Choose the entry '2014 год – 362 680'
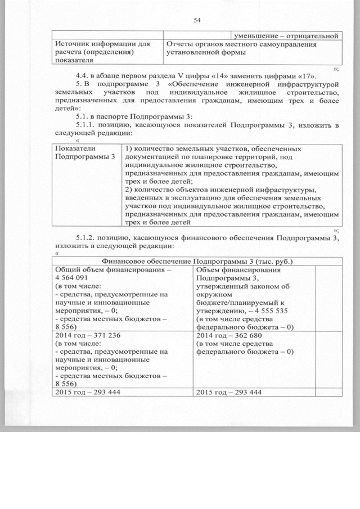pyautogui.click(x=229, y=336)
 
